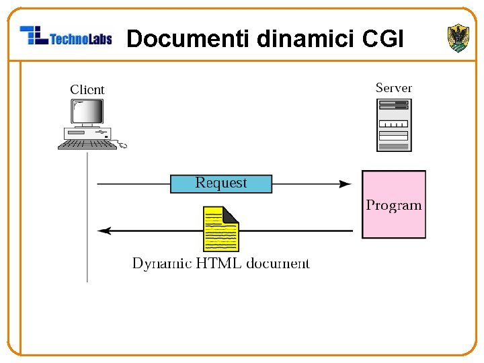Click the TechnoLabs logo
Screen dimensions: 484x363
coord(66,36)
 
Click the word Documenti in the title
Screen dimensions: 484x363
coord(188,38)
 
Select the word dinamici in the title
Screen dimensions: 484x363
coord(305,38)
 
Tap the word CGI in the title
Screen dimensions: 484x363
coord(382,38)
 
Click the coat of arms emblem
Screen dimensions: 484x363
coord(458,38)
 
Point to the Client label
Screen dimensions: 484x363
coord(87,90)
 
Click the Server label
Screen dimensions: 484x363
coord(393,88)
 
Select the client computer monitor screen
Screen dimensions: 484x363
coord(87,112)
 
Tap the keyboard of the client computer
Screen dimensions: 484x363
coord(87,145)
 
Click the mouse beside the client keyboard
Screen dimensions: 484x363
coord(122,145)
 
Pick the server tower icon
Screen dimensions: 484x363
coord(394,125)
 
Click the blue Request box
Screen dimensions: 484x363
coord(221,184)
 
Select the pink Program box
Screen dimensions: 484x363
coord(394,204)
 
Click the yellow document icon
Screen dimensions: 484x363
coord(221,229)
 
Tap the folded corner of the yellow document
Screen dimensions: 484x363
coord(230,215)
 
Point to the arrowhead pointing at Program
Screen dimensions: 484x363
coord(345,184)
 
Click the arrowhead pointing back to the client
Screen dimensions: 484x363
coord(104,231)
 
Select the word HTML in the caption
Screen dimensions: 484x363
coord(218,264)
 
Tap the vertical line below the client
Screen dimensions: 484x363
coord(87,217)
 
